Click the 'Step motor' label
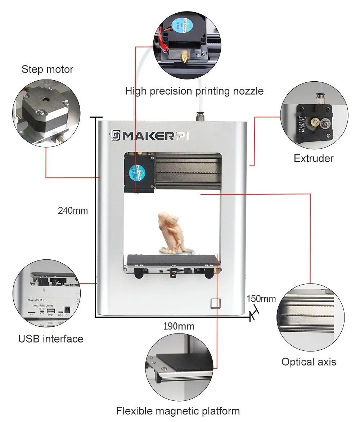pos(47,69)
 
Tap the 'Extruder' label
pos(314,158)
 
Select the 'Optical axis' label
pos(309,362)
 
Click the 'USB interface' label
pos(51,339)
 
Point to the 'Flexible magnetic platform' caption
pos(178,410)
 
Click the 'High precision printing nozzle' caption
pos(194,91)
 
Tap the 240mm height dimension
pos(73,210)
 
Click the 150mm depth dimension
pos(261,299)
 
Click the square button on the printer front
pos(215,303)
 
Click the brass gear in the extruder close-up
pos(314,123)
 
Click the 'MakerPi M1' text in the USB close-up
pos(36,299)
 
